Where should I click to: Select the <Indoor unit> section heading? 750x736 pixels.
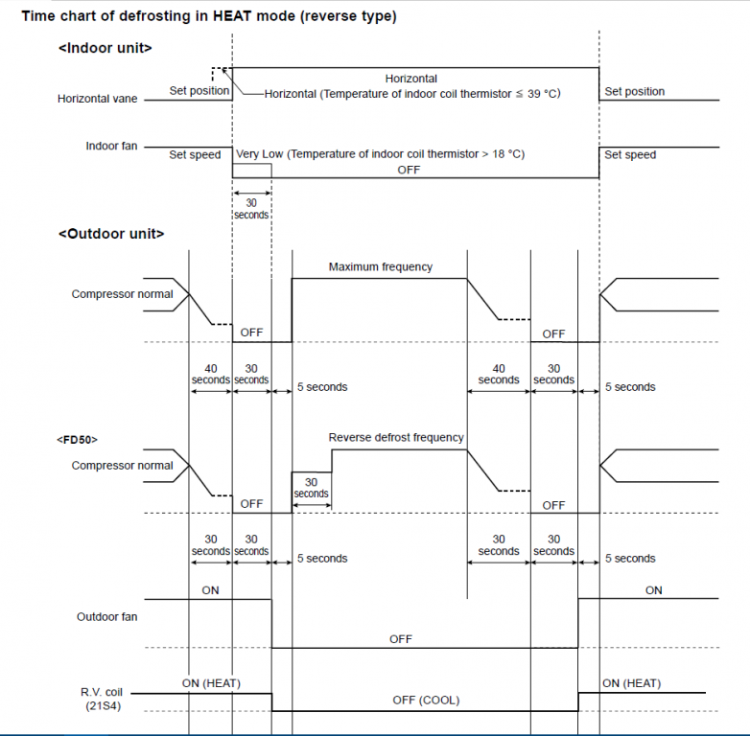(105, 48)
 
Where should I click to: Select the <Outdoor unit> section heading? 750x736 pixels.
(110, 234)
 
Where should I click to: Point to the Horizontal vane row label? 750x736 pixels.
(98, 99)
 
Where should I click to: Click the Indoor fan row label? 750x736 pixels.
(111, 147)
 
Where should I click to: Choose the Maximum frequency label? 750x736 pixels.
(380, 267)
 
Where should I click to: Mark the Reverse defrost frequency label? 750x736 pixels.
(396, 438)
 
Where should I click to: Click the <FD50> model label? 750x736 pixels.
(77, 439)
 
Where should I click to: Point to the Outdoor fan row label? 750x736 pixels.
(106, 617)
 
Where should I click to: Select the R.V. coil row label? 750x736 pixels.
(101, 692)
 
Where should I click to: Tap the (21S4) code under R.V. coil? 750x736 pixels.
(102, 706)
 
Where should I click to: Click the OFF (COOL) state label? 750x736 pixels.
(426, 701)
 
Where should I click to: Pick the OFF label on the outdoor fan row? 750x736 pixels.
(401, 639)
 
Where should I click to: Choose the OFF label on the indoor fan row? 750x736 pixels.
(409, 170)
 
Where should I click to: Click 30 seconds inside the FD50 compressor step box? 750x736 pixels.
(311, 488)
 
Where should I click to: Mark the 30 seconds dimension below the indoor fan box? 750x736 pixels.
(251, 209)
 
